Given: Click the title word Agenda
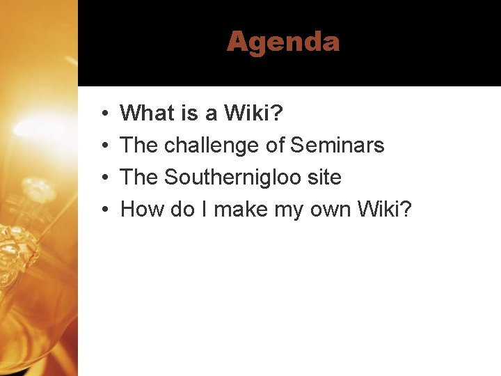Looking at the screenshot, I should click(283, 42).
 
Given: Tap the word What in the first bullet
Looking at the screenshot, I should click(147, 113).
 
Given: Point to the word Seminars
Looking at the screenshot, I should click(337, 146).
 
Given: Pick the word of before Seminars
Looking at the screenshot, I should click(276, 146).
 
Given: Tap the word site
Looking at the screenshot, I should click(324, 178).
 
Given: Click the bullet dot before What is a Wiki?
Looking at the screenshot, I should click(102, 113).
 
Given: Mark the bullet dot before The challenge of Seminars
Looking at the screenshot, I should click(102, 146).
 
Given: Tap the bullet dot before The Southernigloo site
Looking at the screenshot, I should click(102, 178).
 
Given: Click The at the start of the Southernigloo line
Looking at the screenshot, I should click(139, 178).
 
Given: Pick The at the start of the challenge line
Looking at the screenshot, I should click(139, 146).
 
